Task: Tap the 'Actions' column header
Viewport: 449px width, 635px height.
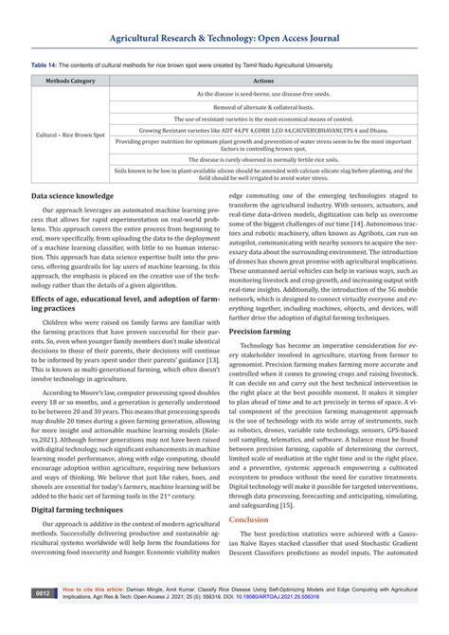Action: [278, 82]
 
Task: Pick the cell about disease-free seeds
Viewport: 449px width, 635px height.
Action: [278, 95]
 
